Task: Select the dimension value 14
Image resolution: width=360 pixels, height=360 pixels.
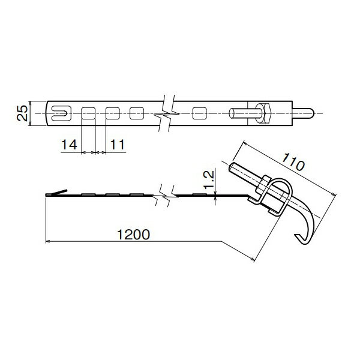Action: click(x=68, y=145)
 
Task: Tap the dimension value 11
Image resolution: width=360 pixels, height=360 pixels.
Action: click(x=117, y=145)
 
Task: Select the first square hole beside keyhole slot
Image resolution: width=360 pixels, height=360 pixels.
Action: click(x=88, y=112)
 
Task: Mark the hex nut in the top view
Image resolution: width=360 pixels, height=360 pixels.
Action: click(x=265, y=112)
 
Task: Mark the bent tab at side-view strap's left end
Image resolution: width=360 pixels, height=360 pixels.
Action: click(x=55, y=193)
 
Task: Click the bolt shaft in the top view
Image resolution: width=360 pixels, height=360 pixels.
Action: click(x=244, y=112)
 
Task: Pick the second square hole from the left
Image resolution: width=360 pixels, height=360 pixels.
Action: click(x=112, y=112)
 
